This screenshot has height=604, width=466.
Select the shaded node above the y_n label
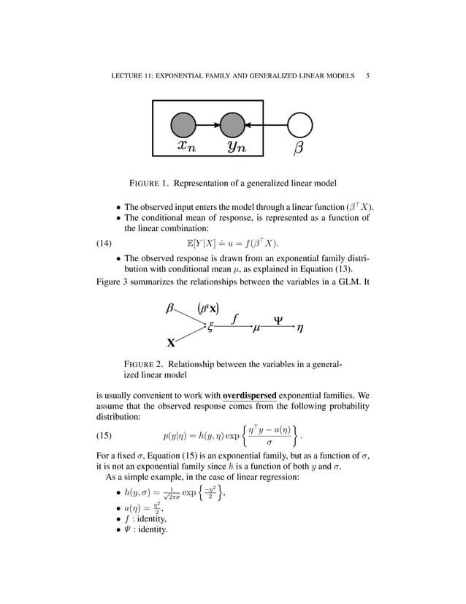click(232, 125)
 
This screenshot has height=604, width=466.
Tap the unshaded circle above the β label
click(299, 125)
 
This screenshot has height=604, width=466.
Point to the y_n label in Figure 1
click(236, 147)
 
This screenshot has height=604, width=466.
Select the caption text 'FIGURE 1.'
click(154, 182)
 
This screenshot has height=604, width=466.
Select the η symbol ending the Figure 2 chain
click(301, 329)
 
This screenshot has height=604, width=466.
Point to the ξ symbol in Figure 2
click(210, 329)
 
